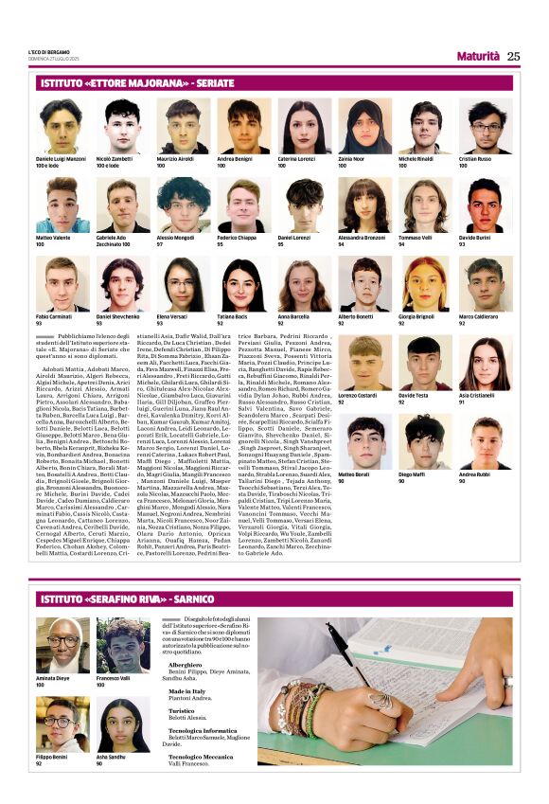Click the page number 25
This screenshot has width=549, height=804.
click(513, 56)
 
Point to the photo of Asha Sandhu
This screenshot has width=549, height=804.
click(121, 728)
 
